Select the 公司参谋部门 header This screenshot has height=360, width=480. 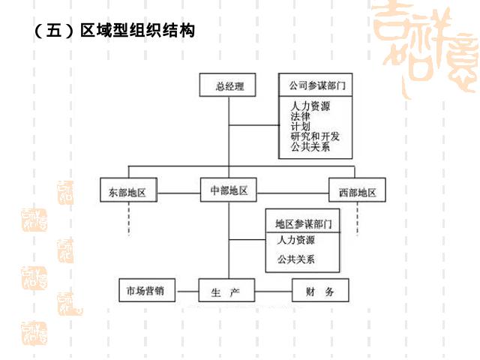[311, 84]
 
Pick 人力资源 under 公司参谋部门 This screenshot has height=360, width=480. [310, 106]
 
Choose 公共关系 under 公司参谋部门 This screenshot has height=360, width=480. [310, 147]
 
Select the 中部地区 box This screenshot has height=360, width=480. [228, 190]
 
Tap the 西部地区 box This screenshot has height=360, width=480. [358, 192]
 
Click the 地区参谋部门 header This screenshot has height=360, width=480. [303, 223]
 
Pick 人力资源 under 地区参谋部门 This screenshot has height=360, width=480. [295, 240]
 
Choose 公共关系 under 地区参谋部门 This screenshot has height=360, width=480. [295, 259]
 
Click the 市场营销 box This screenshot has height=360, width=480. [147, 290]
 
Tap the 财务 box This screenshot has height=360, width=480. [320, 290]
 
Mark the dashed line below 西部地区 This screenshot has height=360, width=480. [358, 218]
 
